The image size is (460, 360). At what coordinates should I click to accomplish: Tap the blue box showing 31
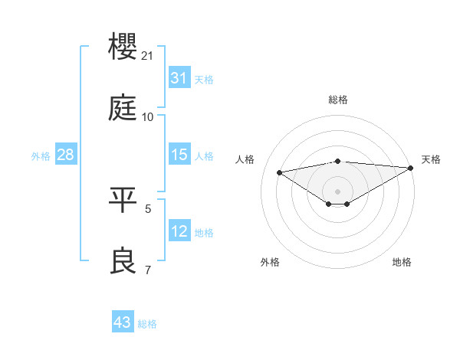(179, 78)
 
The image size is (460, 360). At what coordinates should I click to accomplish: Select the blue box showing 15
(179, 155)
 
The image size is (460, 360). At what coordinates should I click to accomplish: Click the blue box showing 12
(179, 231)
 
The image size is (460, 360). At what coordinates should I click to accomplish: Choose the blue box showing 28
(65, 155)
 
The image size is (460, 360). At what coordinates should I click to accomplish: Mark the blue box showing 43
(122, 322)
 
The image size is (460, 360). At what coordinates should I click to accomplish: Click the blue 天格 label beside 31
(204, 80)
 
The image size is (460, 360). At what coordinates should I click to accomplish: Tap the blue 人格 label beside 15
(204, 156)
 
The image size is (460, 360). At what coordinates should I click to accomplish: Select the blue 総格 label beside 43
(147, 324)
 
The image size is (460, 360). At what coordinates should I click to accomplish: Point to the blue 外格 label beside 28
(41, 156)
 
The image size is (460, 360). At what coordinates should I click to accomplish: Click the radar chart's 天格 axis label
(431, 159)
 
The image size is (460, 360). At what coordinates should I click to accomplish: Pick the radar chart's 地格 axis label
(402, 262)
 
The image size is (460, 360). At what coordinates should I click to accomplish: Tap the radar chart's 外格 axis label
(270, 262)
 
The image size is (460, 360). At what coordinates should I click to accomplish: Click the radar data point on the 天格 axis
(412, 168)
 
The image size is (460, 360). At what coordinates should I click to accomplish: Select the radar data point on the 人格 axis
(279, 172)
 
